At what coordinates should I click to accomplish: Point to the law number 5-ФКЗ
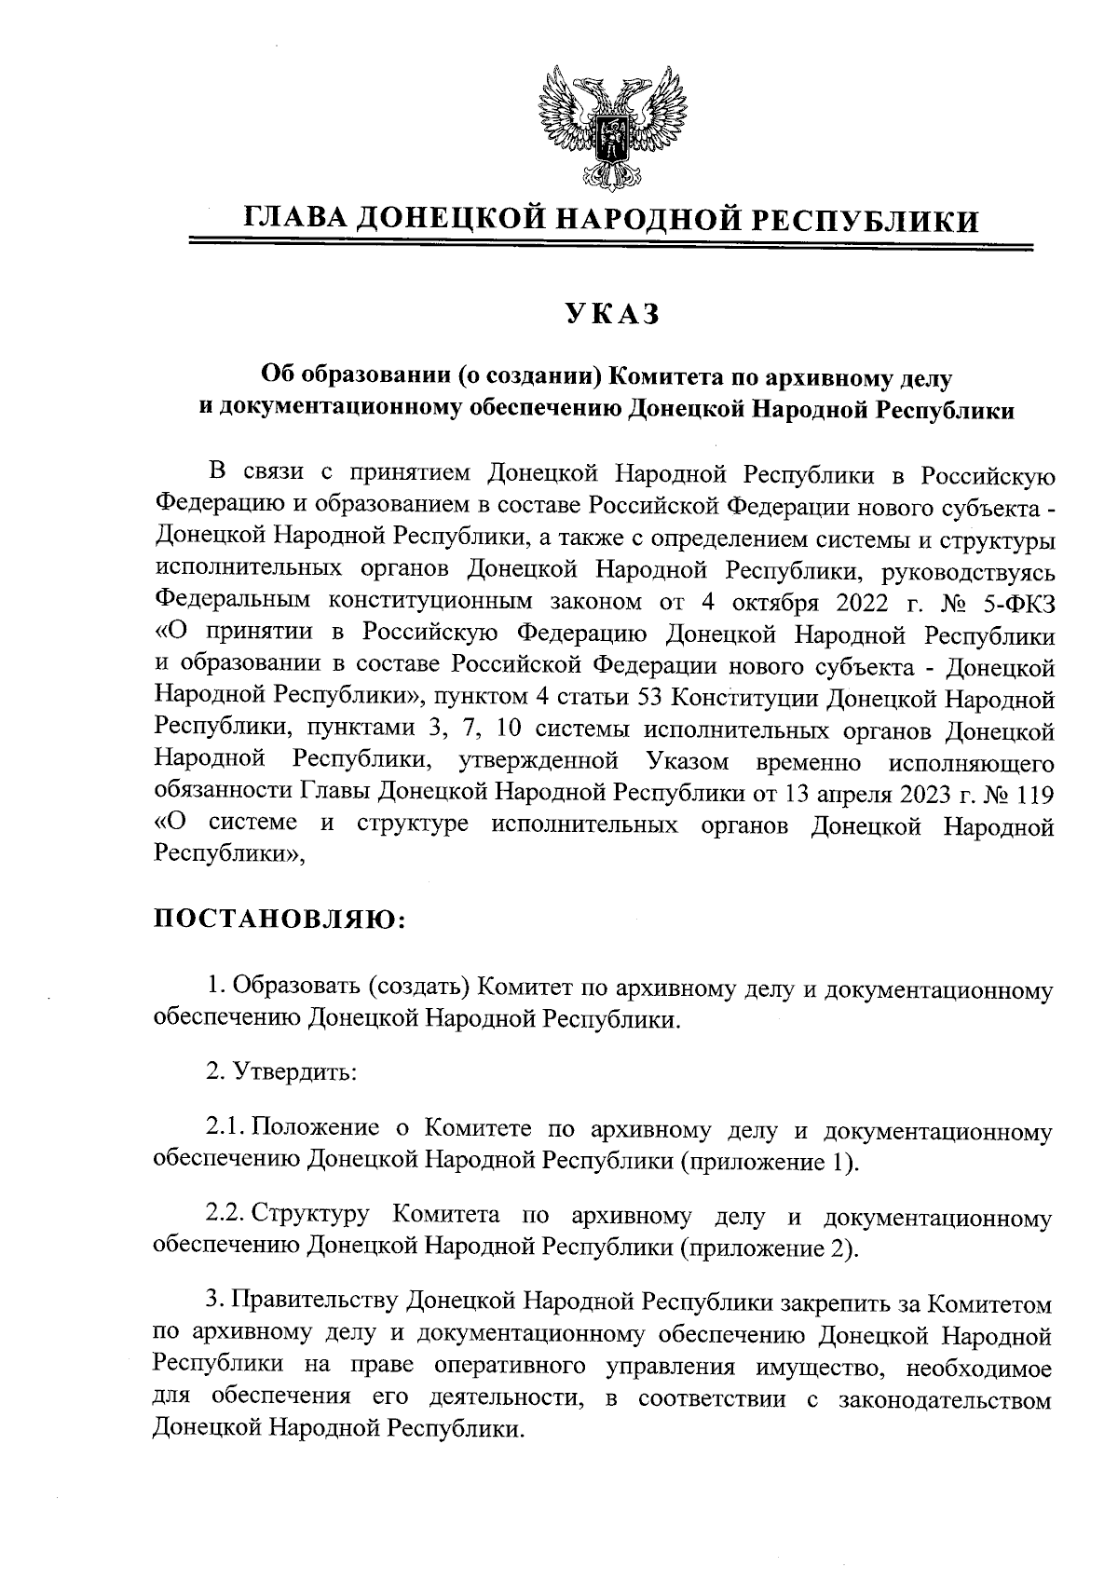[1015, 603]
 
